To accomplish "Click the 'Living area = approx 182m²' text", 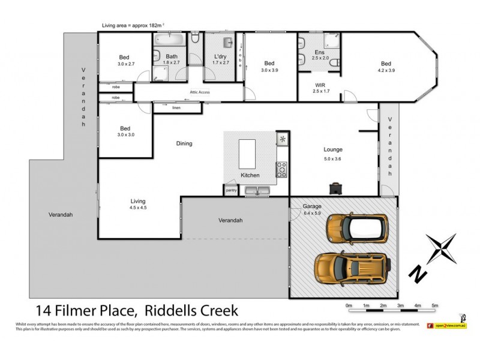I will pyautogui.click(x=134, y=25).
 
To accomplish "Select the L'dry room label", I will pyautogui.click(x=221, y=59).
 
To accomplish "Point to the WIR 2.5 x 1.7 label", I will pyautogui.click(x=320, y=88).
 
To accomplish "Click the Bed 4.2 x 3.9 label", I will pyautogui.click(x=386, y=67).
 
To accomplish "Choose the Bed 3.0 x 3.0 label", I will pyautogui.click(x=125, y=131).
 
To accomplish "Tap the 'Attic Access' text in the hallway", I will pyautogui.click(x=200, y=92).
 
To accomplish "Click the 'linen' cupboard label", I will pyautogui.click(x=176, y=108).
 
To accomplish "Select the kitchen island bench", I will pyautogui.click(x=247, y=154).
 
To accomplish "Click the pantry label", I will pyautogui.click(x=231, y=190).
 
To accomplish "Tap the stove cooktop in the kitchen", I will pyautogui.click(x=282, y=170).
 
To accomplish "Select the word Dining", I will pyautogui.click(x=184, y=143).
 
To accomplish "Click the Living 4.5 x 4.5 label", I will pyautogui.click(x=137, y=205).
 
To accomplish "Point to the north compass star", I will pyautogui.click(x=442, y=250).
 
